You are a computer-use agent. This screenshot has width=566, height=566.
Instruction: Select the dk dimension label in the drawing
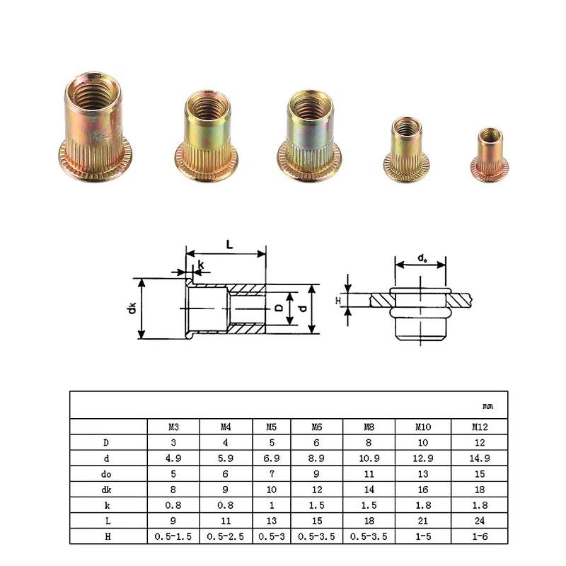coord(131,308)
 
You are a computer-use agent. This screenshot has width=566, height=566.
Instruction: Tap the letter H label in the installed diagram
coord(338,301)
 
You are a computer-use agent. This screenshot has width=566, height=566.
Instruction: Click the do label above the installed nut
coord(422,258)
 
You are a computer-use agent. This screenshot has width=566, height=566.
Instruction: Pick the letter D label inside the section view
coord(279,308)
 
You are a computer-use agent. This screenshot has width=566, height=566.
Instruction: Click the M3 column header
coord(173,427)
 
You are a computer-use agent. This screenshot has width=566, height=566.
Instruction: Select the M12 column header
coord(480,427)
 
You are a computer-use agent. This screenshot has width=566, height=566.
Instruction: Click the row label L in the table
coord(108,520)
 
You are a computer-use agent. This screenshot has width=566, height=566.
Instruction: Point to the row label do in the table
coord(108,473)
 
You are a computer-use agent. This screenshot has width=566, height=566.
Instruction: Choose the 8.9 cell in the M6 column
coord(316,458)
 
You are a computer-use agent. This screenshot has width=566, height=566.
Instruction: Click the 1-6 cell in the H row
coord(480,536)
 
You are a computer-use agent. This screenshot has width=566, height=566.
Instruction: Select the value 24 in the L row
coord(480,520)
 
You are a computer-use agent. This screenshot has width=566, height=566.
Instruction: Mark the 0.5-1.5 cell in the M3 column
coord(173,536)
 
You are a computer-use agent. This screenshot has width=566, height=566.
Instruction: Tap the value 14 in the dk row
coord(369,489)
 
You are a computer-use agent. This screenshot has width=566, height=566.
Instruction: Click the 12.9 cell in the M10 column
coord(422,458)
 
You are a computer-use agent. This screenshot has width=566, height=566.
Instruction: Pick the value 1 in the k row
coord(271,504)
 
